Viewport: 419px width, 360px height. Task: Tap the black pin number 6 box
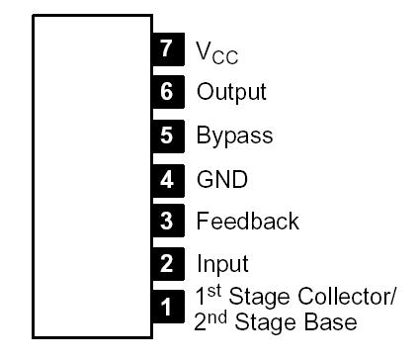(x=167, y=92)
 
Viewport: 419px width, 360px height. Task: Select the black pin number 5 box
(x=167, y=135)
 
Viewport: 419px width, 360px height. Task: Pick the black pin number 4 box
(x=167, y=179)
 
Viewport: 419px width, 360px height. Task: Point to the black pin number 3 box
(x=167, y=222)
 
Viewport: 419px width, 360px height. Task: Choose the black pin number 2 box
(x=167, y=264)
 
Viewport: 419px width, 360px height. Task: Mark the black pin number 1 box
(x=167, y=308)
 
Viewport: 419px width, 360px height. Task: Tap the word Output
(x=231, y=93)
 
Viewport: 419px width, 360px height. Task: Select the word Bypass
(x=234, y=136)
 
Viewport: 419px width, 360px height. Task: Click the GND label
(x=221, y=180)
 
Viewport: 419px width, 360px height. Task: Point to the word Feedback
(x=247, y=222)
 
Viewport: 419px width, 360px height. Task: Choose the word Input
(x=222, y=265)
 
